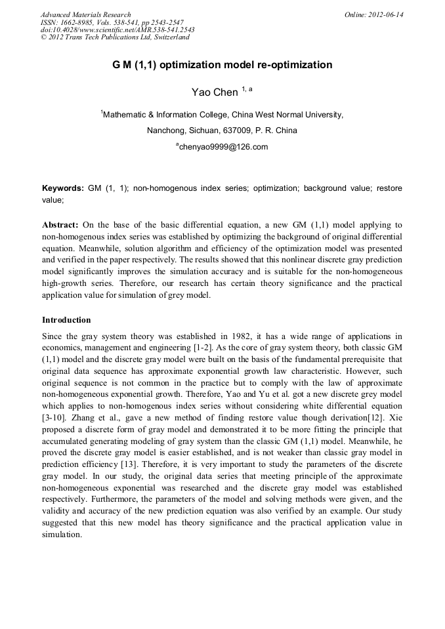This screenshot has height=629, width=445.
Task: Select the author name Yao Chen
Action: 215,92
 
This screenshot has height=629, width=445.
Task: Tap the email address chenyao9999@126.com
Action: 223,147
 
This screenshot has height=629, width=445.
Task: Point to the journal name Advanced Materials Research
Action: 85,14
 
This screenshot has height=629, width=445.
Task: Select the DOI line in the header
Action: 117,30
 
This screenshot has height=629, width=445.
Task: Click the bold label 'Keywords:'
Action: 63,188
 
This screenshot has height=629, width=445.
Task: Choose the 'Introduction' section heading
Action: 66,320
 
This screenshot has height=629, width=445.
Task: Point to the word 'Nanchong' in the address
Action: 164,131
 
